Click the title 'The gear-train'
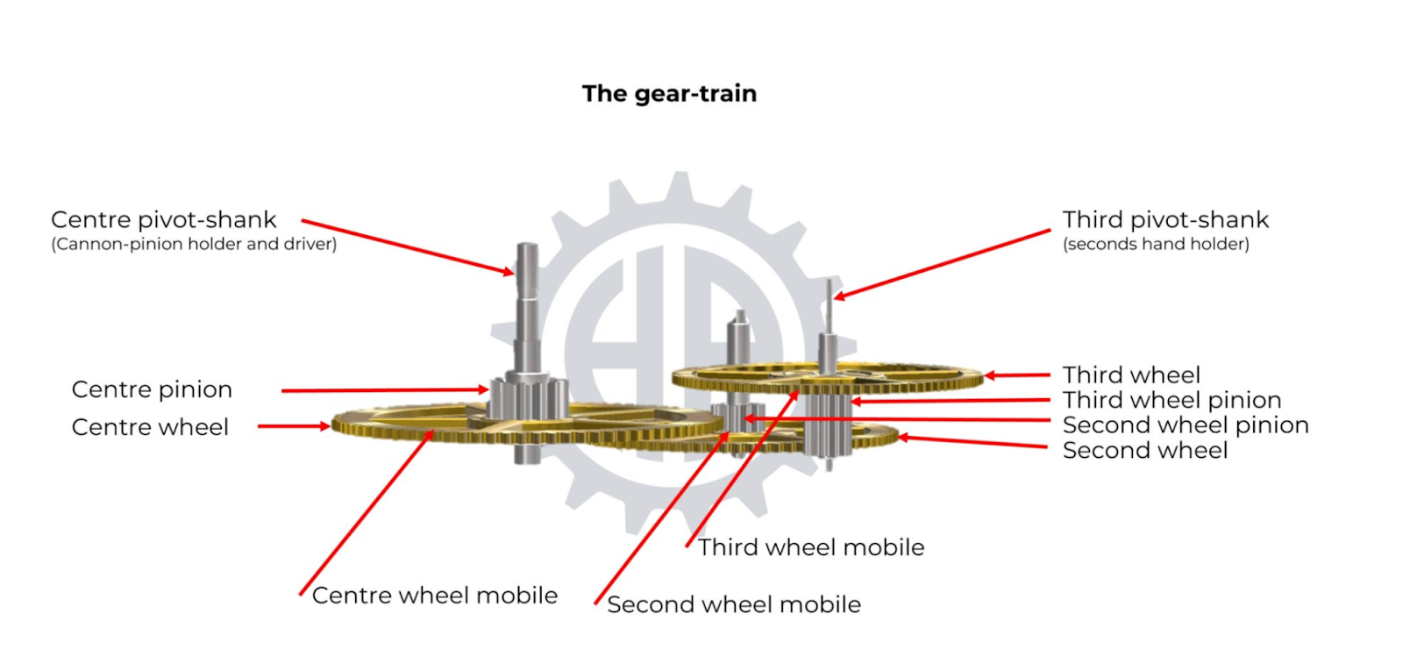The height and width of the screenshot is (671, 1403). tap(669, 94)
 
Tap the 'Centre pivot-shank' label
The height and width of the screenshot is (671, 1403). tap(163, 219)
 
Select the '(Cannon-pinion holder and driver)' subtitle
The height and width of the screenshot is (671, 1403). tap(194, 244)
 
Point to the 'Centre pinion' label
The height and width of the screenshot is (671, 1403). tap(152, 389)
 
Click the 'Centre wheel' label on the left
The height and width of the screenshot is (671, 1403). tap(150, 427)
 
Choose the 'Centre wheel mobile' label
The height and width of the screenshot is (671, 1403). tap(435, 596)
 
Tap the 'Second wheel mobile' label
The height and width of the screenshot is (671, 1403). tap(734, 604)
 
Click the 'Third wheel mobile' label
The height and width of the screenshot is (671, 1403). tap(811, 547)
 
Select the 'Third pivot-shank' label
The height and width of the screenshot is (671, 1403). tap(1165, 219)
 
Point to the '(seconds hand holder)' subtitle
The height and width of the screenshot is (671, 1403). tap(1156, 244)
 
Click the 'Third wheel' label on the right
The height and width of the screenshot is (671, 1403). tap(1131, 375)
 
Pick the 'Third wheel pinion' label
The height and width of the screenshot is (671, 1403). tap(1172, 401)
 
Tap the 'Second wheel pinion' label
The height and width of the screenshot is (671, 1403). tap(1186, 425)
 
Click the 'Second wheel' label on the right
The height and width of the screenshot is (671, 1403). tap(1145, 451)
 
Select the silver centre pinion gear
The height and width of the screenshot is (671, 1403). tap(526, 399)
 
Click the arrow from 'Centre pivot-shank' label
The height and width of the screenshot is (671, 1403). tap(408, 246)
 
